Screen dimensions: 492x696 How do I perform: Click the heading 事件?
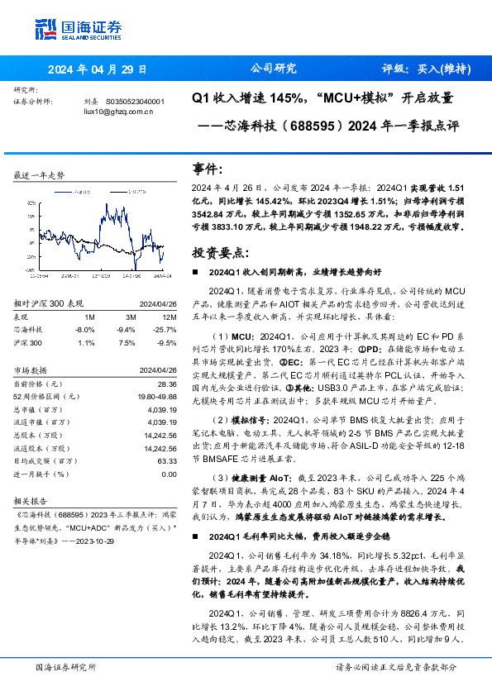(208, 168)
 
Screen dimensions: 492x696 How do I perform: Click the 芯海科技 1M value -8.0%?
(85, 328)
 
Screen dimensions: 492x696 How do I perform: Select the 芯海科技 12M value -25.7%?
(165, 328)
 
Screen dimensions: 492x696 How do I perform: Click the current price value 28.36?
(166, 384)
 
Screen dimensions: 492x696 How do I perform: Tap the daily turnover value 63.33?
(166, 461)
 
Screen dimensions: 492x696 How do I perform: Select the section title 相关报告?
(31, 500)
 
